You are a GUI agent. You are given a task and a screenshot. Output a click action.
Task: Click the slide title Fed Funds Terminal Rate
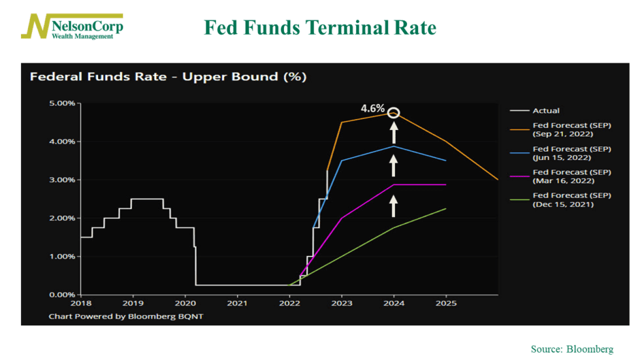point(320,27)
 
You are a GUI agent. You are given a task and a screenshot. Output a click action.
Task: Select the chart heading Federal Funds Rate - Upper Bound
point(168,77)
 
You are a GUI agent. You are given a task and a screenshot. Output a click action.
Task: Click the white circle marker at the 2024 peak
point(393,113)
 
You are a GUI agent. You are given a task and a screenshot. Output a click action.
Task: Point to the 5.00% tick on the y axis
point(63,103)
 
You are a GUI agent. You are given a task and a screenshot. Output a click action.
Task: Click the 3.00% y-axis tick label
point(63,180)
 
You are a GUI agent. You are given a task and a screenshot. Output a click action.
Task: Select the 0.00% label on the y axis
point(63,295)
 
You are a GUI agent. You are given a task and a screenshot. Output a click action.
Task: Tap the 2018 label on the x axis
point(81,304)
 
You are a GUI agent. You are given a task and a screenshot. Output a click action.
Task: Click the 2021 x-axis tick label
point(237,304)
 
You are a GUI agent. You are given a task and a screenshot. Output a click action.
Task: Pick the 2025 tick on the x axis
point(445,304)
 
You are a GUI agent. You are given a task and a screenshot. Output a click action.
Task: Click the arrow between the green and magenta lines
point(393,206)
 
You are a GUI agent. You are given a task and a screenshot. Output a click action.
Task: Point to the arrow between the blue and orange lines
point(393,133)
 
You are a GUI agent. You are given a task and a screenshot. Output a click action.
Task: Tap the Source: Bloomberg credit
point(571,350)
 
